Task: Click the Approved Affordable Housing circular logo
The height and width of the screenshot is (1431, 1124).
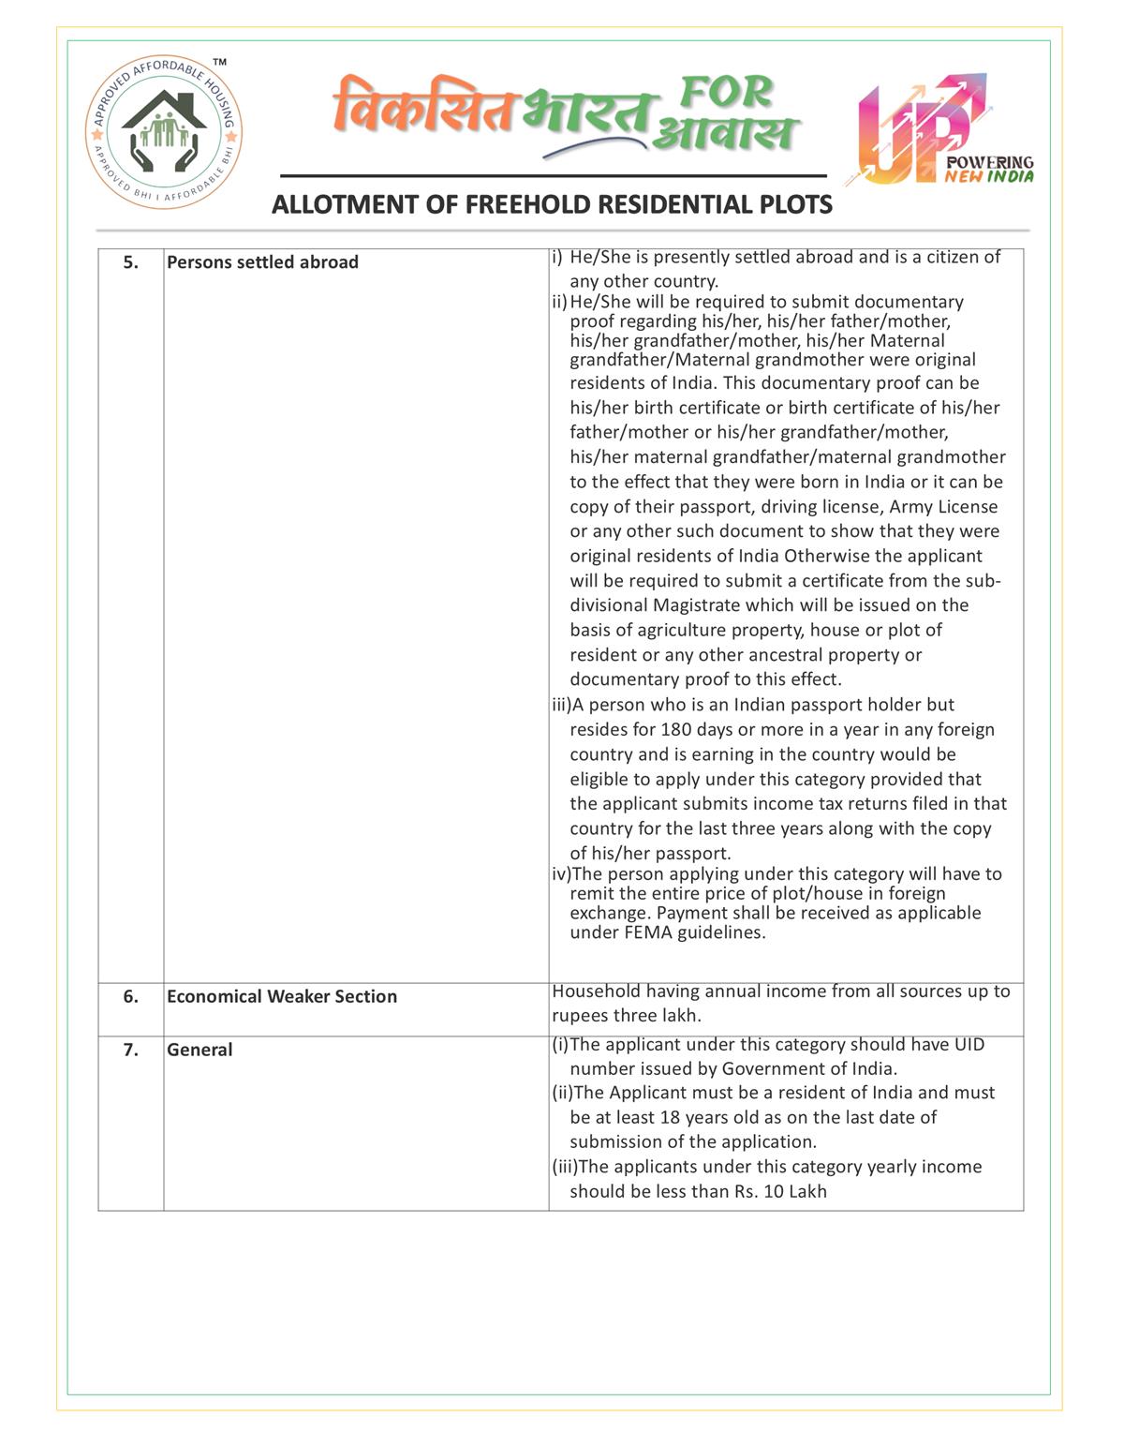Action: click(x=165, y=131)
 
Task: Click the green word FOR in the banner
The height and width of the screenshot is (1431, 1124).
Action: click(x=727, y=92)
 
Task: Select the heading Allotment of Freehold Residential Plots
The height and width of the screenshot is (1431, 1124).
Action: click(x=552, y=204)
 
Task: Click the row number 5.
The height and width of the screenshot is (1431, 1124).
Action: click(x=131, y=262)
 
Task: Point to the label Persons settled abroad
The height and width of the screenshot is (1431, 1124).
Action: click(x=262, y=262)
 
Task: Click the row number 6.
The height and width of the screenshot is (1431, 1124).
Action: click(x=131, y=996)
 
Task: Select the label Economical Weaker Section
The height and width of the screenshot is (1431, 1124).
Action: click(x=282, y=996)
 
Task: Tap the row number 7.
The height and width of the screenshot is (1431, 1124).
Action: click(x=131, y=1050)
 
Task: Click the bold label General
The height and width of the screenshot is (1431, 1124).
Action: click(x=200, y=1050)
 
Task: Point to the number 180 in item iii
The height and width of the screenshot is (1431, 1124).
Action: click(x=676, y=729)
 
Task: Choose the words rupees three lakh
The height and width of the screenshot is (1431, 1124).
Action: click(x=626, y=1016)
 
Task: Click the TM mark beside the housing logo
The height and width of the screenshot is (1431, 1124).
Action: click(x=219, y=63)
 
